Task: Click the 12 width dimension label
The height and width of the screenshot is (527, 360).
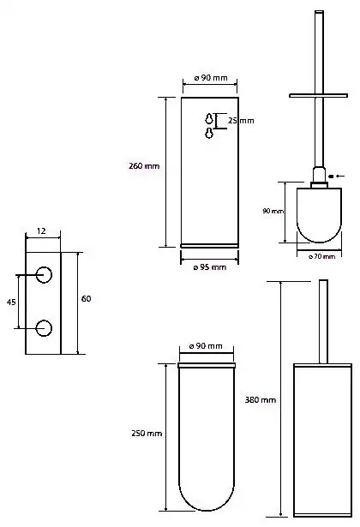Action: pyautogui.click(x=42, y=232)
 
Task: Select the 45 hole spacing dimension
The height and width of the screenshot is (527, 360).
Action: pyautogui.click(x=11, y=302)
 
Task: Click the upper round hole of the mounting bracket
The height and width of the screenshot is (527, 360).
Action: pyautogui.click(x=45, y=275)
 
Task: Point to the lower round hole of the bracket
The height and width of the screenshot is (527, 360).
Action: pyautogui.click(x=45, y=327)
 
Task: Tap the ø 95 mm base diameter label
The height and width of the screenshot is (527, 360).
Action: pyautogui.click(x=210, y=267)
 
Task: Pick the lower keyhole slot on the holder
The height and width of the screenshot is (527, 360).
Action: pyautogui.click(x=209, y=134)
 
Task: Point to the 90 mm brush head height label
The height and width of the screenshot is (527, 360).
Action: pyautogui.click(x=273, y=210)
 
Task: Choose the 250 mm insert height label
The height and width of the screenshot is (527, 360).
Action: pyautogui.click(x=147, y=434)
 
